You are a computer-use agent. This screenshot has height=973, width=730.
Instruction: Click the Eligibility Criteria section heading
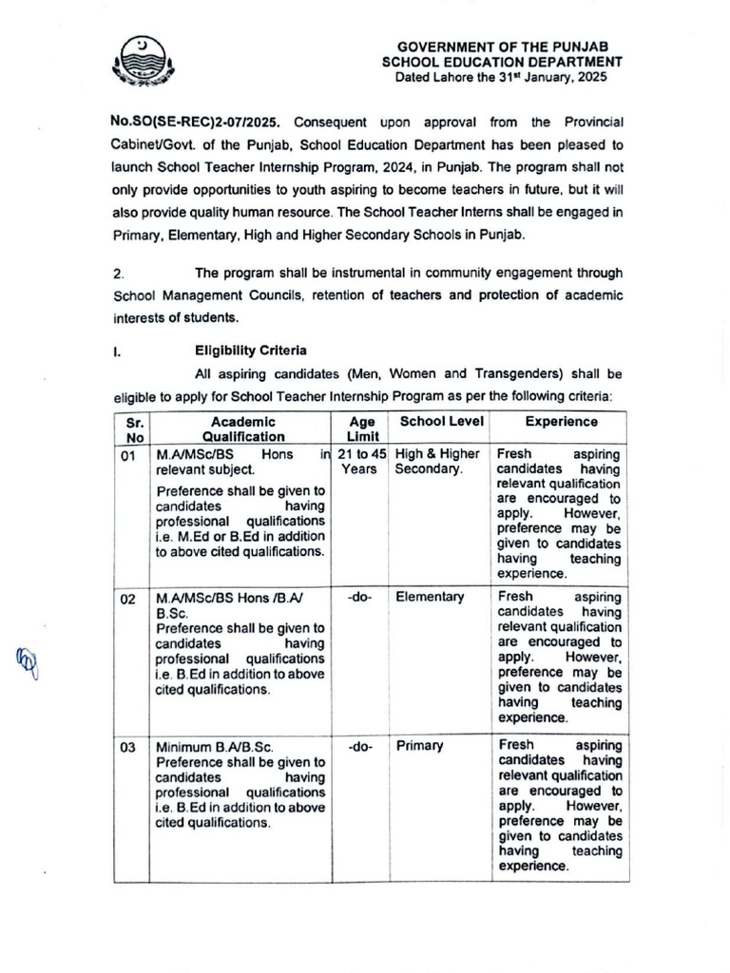(250, 351)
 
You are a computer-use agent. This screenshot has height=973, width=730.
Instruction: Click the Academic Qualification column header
(243, 429)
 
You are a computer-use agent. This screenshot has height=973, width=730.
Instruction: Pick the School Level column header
(441, 422)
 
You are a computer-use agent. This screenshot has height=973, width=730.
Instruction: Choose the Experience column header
(561, 422)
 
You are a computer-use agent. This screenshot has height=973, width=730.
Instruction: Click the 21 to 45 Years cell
(361, 462)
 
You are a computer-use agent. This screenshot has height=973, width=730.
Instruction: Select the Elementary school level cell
(430, 598)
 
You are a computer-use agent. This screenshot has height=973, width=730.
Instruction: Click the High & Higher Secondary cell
(438, 462)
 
